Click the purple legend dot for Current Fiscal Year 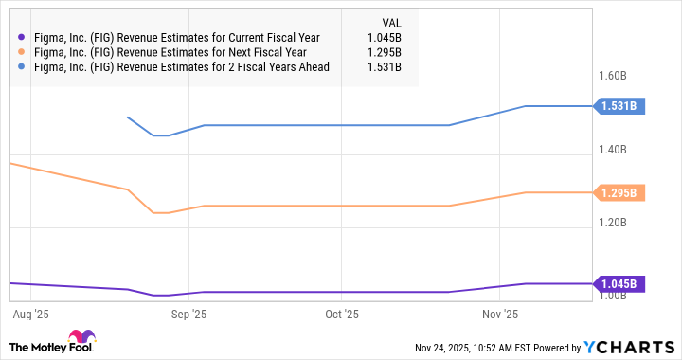[21, 37]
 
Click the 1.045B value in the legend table [382, 37]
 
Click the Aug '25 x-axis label [33, 313]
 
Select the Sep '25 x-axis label [188, 313]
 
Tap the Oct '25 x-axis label [342, 313]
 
